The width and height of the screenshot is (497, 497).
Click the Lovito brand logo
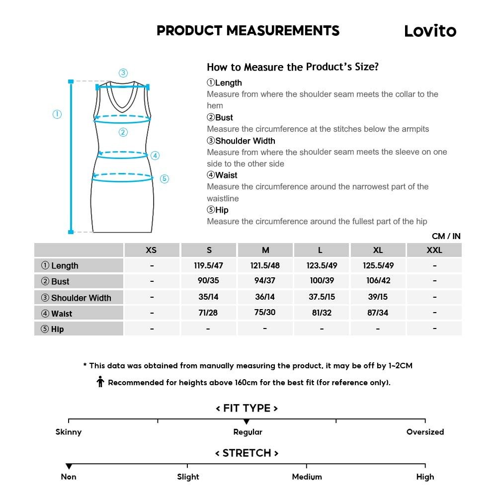[x=430, y=31]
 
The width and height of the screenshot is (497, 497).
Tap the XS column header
[x=151, y=250]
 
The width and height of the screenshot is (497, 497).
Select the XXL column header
[x=434, y=250]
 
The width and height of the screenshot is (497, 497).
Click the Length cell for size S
[x=208, y=265]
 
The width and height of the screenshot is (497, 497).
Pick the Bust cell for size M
[x=265, y=281]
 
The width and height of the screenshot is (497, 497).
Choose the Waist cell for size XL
[x=378, y=313]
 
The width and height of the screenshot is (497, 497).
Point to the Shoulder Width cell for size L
[x=322, y=297]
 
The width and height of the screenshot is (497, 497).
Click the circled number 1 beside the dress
[x=57, y=114]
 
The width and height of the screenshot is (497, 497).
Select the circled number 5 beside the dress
[x=165, y=179]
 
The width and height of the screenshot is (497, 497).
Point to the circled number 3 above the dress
[x=123, y=73]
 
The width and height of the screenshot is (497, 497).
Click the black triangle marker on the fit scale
[x=247, y=422]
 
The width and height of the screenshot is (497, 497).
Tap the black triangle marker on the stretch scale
[x=69, y=466]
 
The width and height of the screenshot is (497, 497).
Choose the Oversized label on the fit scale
[x=425, y=432]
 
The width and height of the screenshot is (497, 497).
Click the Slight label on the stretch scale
[x=188, y=477]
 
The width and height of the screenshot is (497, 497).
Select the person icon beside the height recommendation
[x=100, y=382]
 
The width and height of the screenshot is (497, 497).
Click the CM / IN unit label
[x=446, y=236]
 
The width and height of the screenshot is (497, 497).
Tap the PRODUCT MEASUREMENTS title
[x=248, y=31]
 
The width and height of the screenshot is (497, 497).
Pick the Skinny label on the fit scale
[x=69, y=432]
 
